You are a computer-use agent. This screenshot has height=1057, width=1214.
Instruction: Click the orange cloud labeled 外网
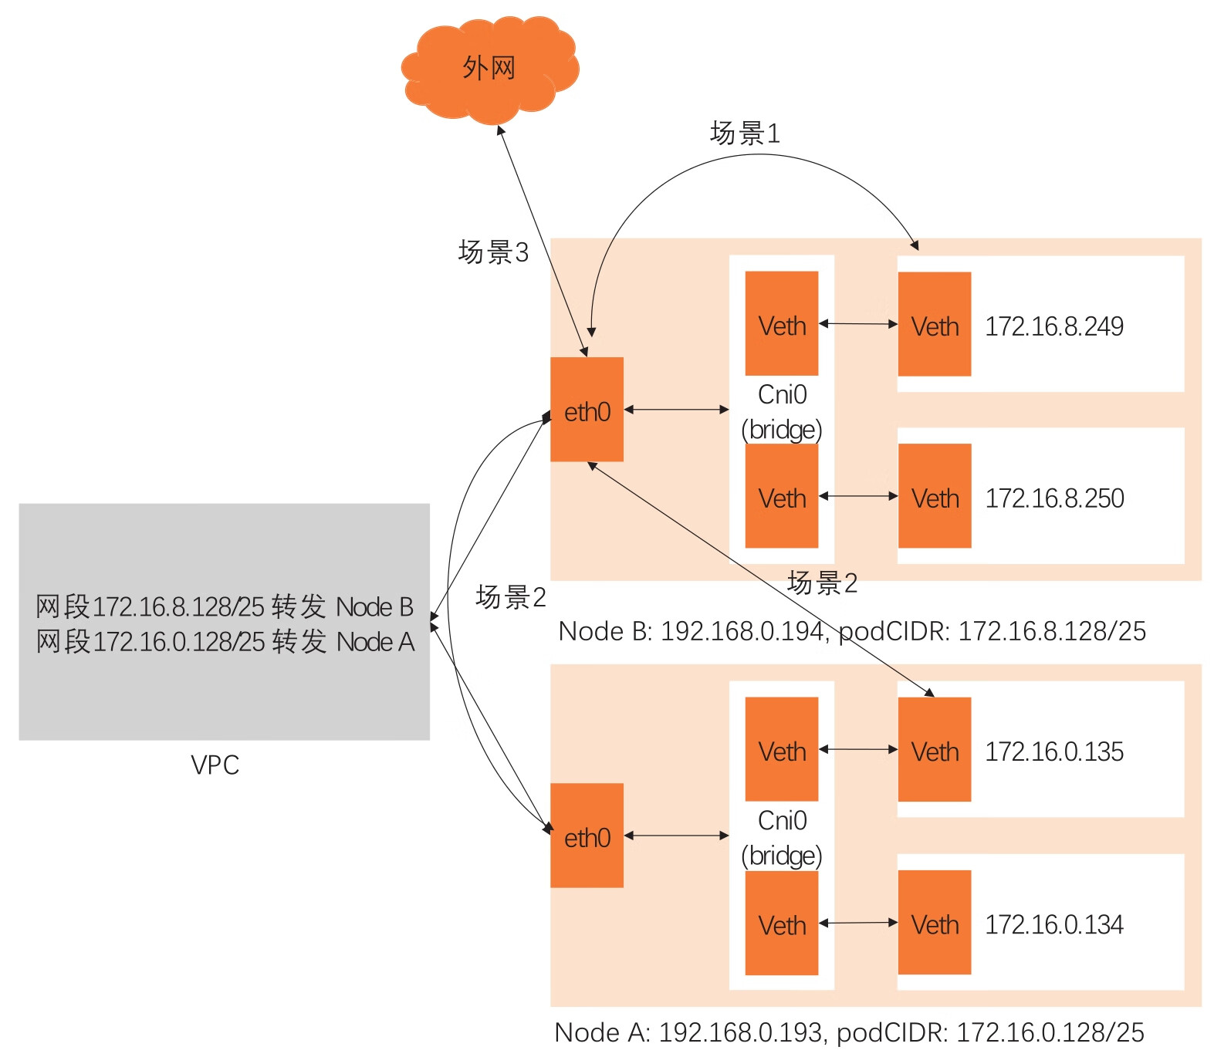pos(489,69)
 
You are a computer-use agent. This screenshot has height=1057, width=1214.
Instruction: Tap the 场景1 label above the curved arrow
pos(745,133)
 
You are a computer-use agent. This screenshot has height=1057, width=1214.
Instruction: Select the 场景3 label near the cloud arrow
pos(493,252)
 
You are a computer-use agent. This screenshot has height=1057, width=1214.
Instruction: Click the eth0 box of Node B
pos(587,410)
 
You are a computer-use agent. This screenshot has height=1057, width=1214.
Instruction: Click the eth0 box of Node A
pos(587,836)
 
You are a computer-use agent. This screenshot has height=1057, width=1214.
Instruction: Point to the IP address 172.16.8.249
pos(1054,326)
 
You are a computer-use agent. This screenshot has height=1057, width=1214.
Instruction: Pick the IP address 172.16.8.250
pos(1054,498)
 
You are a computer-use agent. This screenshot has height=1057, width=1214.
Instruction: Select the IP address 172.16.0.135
pos(1054,752)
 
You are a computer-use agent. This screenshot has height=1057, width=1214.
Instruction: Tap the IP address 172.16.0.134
pos(1054,924)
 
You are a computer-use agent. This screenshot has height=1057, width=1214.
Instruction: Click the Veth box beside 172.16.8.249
pos(935,325)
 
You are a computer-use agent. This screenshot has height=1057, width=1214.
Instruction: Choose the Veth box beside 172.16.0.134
pos(935,923)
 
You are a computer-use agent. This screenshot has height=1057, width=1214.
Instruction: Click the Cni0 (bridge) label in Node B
pos(782,412)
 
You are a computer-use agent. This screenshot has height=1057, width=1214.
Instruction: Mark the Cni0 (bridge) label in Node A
pos(782,838)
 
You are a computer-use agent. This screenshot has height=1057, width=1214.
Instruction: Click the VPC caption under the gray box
pos(215,765)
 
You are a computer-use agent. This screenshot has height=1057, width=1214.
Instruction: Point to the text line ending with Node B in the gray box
pos(225,607)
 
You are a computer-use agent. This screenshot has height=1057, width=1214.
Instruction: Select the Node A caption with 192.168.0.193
pos(849,1033)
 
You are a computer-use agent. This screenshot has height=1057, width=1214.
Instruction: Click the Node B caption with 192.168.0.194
pos(852,632)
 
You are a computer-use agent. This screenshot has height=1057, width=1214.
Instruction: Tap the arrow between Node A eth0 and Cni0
pos(676,836)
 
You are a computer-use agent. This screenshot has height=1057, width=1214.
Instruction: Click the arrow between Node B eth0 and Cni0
pos(676,410)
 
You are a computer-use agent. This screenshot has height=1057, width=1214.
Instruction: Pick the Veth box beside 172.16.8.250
pos(935,496)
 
